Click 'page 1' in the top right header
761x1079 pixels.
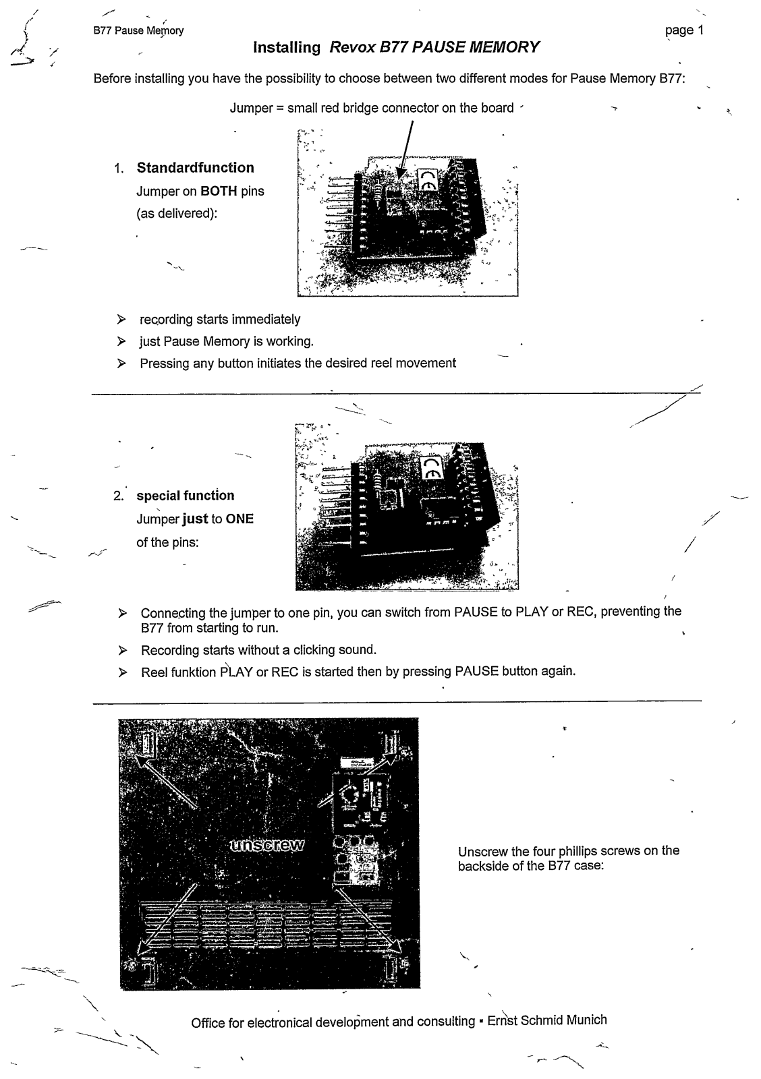(x=684, y=30)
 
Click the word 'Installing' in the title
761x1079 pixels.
(x=287, y=48)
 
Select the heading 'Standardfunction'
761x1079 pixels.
(x=196, y=168)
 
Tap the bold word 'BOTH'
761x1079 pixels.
(x=219, y=192)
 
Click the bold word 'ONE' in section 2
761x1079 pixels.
(x=239, y=519)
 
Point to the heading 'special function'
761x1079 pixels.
(x=186, y=496)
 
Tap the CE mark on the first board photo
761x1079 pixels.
(x=428, y=181)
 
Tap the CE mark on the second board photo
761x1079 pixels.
(x=430, y=467)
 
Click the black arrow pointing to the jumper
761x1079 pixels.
(x=407, y=152)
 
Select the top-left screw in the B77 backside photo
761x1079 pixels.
(x=147, y=742)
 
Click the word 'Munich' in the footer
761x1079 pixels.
(x=586, y=1020)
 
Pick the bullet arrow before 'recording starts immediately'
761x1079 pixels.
(x=121, y=320)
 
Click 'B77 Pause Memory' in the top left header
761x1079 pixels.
(x=138, y=31)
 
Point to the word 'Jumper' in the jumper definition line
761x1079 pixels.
(x=251, y=108)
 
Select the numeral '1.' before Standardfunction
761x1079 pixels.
(x=119, y=169)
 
